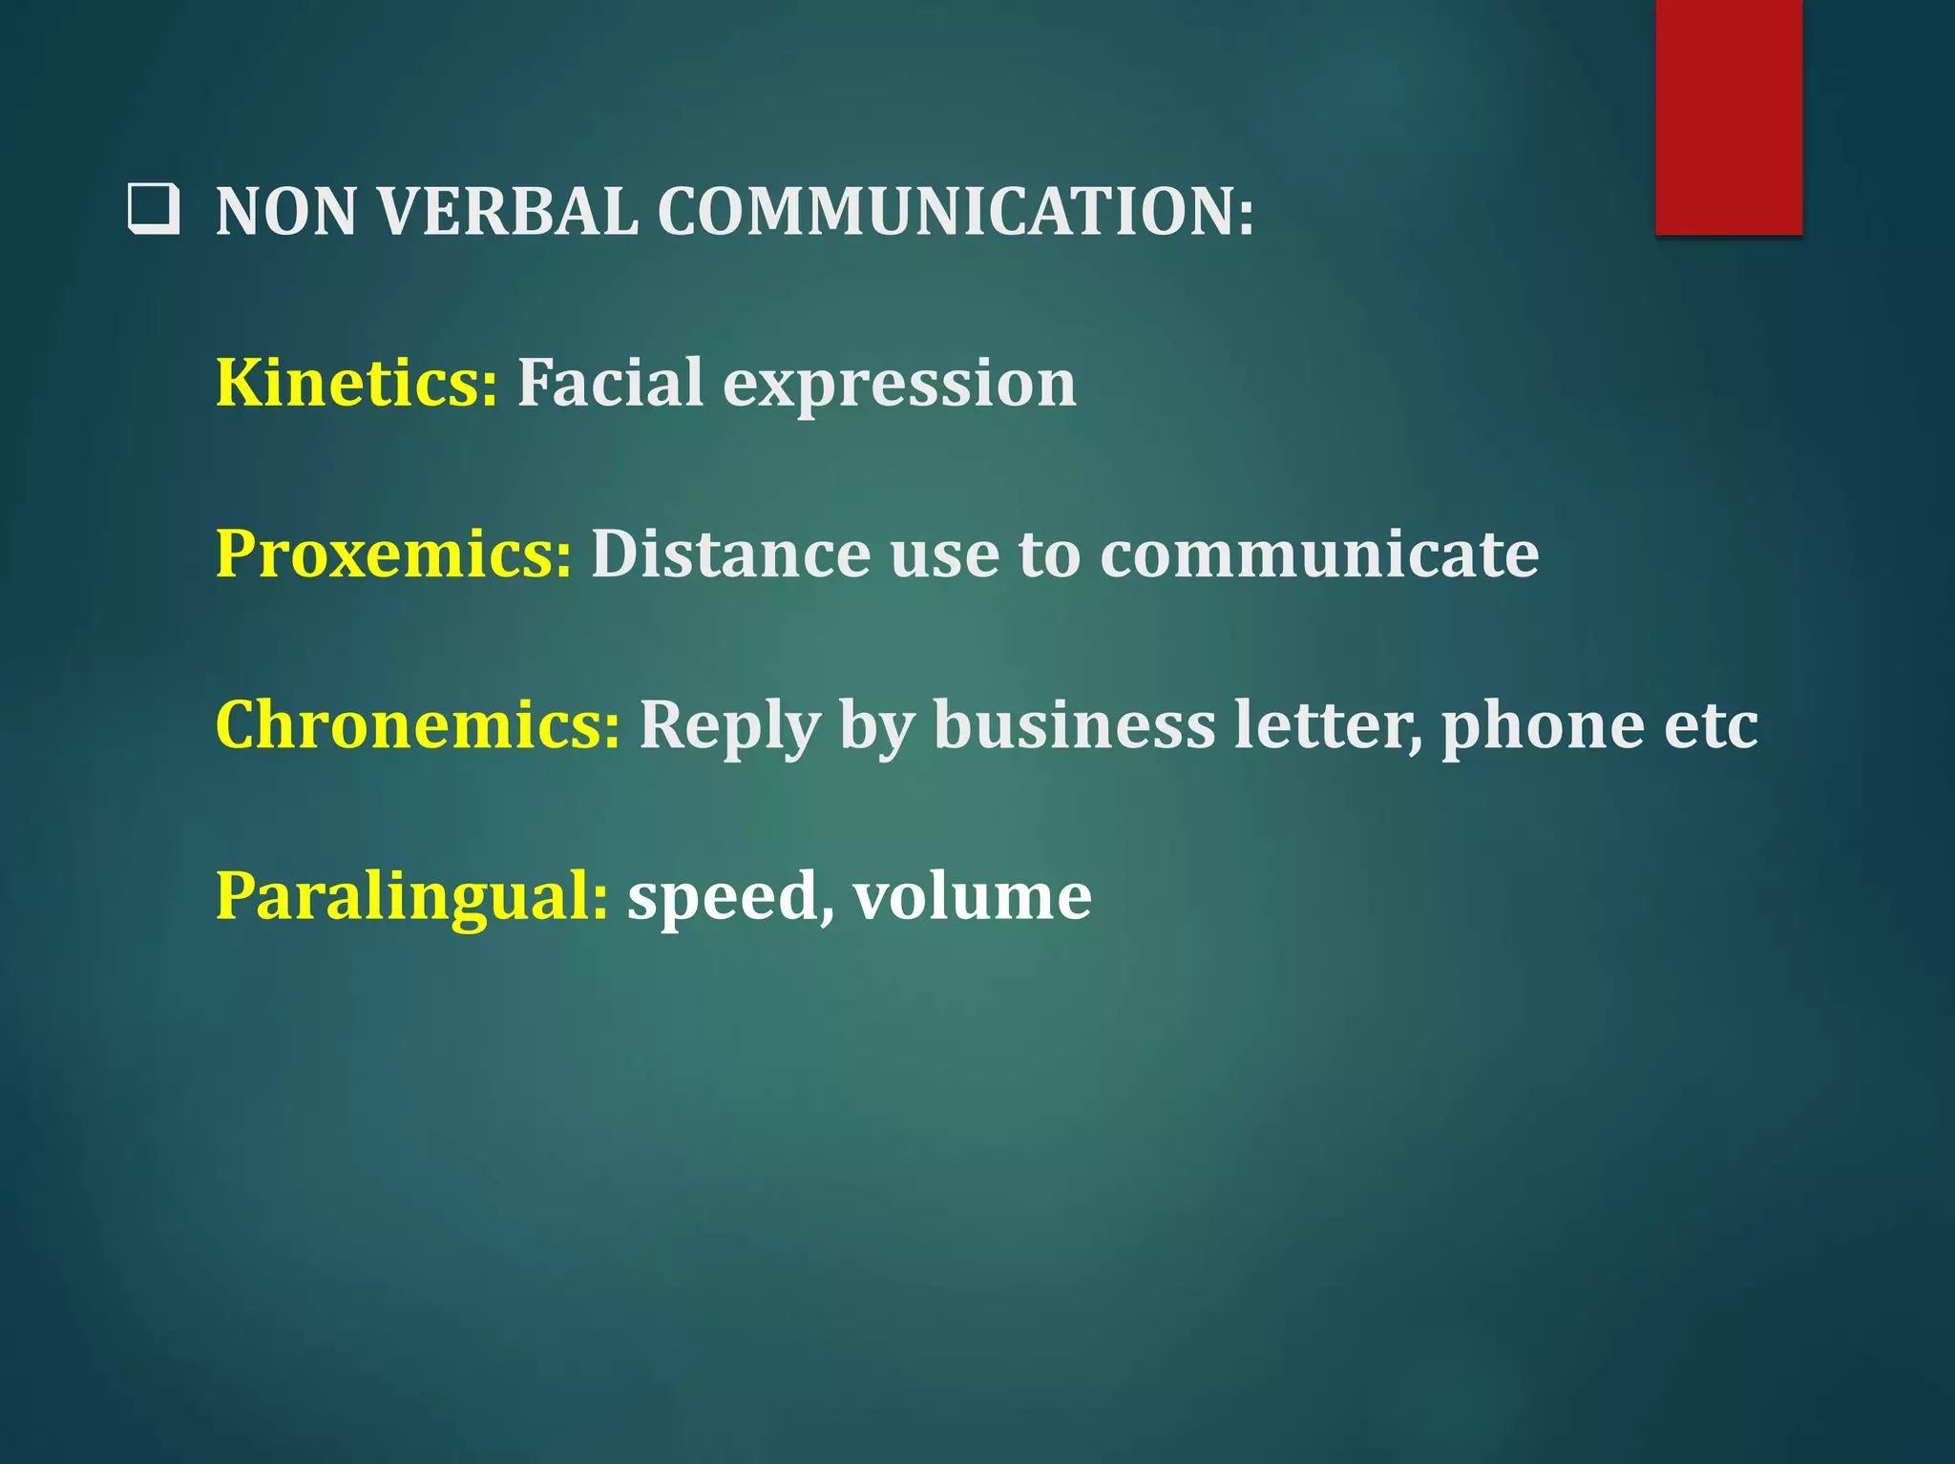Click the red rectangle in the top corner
click(1728, 116)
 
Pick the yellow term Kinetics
click(355, 383)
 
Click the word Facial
click(611, 383)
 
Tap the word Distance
click(730, 554)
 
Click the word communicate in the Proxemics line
click(1319, 554)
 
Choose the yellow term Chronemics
click(417, 725)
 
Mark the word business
click(1074, 725)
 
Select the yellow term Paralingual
click(411, 897)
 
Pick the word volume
click(972, 897)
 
